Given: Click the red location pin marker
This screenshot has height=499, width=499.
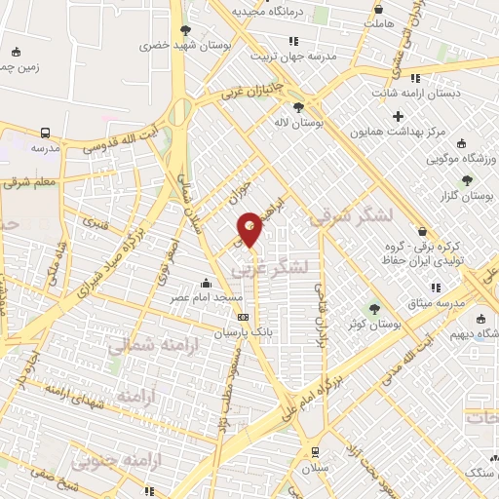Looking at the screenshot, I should [250, 228].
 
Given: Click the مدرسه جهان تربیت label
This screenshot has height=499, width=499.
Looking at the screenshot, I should [293, 56].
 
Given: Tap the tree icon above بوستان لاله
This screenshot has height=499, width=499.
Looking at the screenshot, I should [297, 107].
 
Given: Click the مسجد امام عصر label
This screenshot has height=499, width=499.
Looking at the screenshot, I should [209, 294].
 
